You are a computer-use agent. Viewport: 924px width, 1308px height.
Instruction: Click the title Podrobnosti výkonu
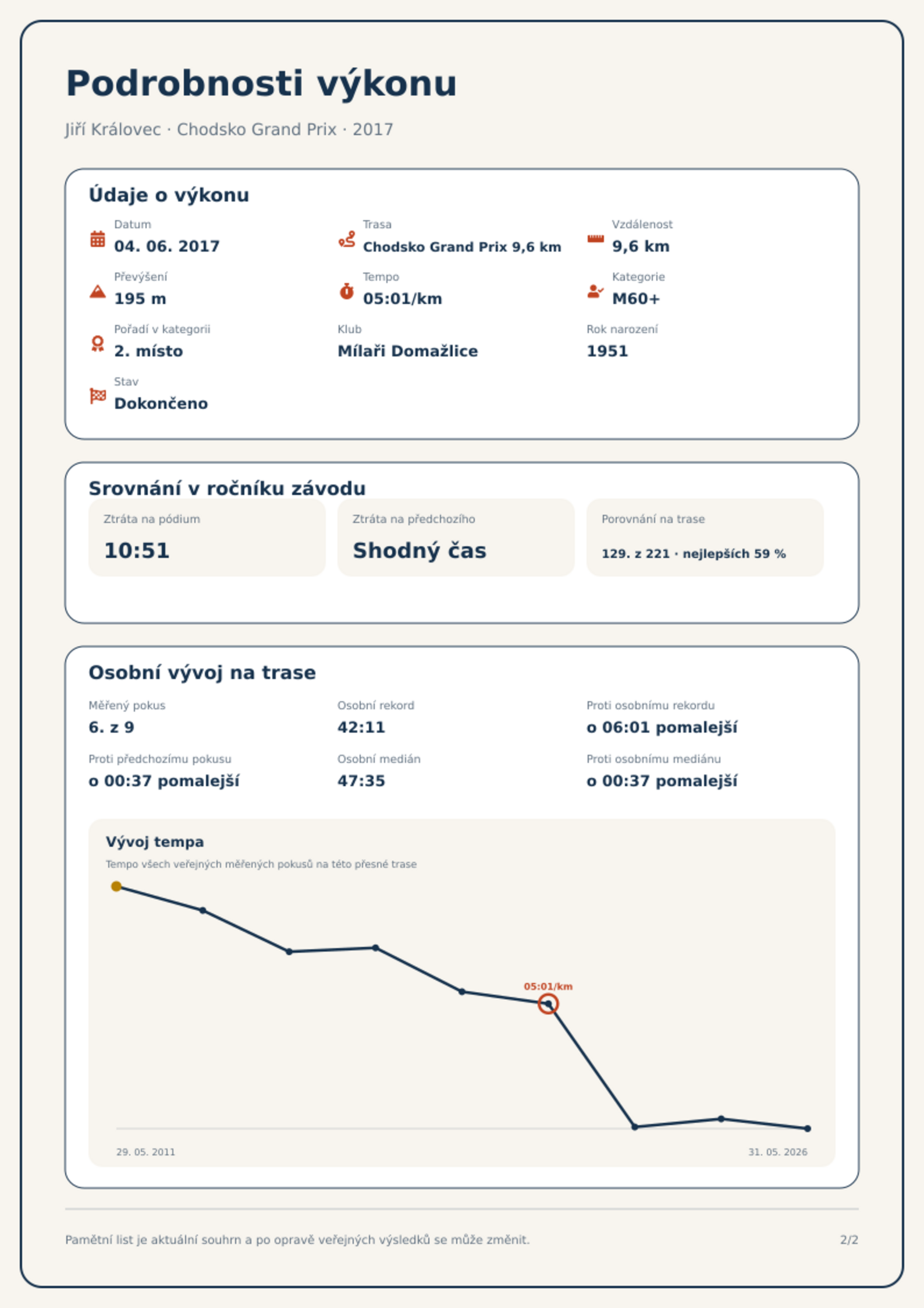point(261,84)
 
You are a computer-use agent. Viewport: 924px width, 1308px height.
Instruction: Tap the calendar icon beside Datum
point(98,239)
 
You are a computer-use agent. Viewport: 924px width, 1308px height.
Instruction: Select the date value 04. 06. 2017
point(167,246)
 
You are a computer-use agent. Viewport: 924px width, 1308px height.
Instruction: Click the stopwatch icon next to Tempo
point(346,291)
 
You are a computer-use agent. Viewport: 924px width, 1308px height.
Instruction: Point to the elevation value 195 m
point(140,299)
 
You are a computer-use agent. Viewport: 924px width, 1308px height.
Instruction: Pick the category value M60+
point(636,299)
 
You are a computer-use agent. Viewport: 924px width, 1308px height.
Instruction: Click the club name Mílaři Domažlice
point(407,351)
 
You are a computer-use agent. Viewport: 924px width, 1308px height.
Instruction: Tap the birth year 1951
point(607,351)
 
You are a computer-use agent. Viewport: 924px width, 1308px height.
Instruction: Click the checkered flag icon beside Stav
point(98,396)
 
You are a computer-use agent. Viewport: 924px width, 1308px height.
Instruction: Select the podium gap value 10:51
point(137,551)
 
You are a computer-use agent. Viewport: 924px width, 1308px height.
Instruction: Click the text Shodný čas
point(420,551)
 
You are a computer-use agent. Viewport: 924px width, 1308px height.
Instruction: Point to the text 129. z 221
point(635,554)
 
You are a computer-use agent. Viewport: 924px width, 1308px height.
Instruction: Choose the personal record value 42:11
point(361,727)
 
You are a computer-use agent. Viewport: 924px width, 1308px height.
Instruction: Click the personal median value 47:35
point(361,781)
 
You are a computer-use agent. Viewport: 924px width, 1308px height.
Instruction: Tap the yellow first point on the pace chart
point(116,886)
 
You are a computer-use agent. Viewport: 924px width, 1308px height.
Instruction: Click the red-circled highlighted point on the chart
point(548,1004)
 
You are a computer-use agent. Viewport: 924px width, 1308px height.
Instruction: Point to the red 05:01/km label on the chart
point(548,987)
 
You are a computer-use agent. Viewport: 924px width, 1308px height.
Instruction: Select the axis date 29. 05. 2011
point(145,1152)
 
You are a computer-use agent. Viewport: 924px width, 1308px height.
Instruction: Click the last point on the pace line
point(808,1129)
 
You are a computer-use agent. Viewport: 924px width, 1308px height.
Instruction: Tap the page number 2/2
point(849,1240)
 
